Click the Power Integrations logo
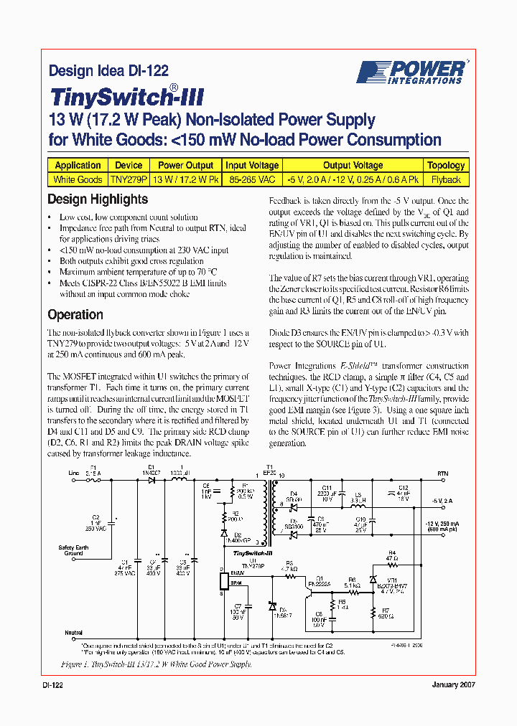click(x=412, y=72)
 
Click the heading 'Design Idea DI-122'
click(x=108, y=70)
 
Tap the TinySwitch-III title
click(x=126, y=97)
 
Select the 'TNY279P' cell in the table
click(x=129, y=179)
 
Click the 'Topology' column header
click(x=446, y=165)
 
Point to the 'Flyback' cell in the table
click(x=446, y=179)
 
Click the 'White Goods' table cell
click(x=78, y=179)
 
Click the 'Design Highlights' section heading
click(x=98, y=199)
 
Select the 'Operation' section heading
click(x=75, y=314)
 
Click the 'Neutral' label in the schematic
click(x=75, y=633)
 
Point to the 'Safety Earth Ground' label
click(x=74, y=550)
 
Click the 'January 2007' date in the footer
click(x=453, y=685)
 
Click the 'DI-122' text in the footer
click(x=53, y=685)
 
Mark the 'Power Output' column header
click(x=185, y=165)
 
